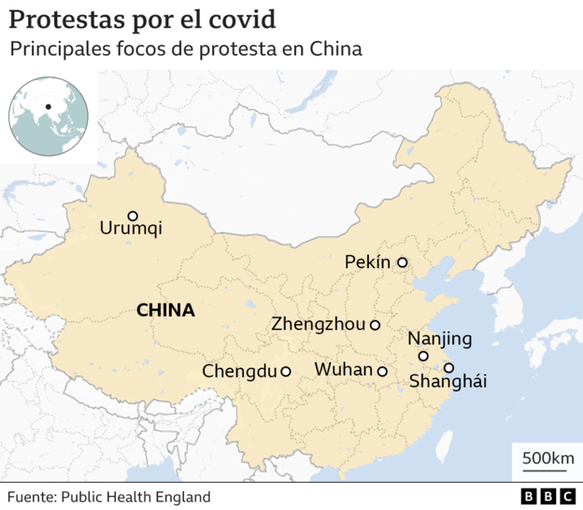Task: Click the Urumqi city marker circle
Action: click(x=133, y=216)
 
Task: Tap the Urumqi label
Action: click(x=131, y=228)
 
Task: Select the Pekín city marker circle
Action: click(x=403, y=262)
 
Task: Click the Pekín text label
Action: click(x=367, y=262)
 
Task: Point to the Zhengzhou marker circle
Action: click(x=375, y=325)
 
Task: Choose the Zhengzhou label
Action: click(x=319, y=325)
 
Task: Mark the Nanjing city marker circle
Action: click(x=423, y=356)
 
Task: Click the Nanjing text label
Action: click(x=440, y=338)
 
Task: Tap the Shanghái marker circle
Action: click(x=449, y=367)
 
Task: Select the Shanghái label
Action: click(x=448, y=382)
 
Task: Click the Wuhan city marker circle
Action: click(x=382, y=371)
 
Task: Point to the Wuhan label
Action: click(x=343, y=370)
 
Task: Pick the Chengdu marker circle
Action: click(x=285, y=371)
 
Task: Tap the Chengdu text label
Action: click(x=239, y=372)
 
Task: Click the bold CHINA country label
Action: click(x=165, y=310)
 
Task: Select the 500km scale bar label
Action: click(x=547, y=458)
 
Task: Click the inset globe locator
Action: click(x=49, y=117)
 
